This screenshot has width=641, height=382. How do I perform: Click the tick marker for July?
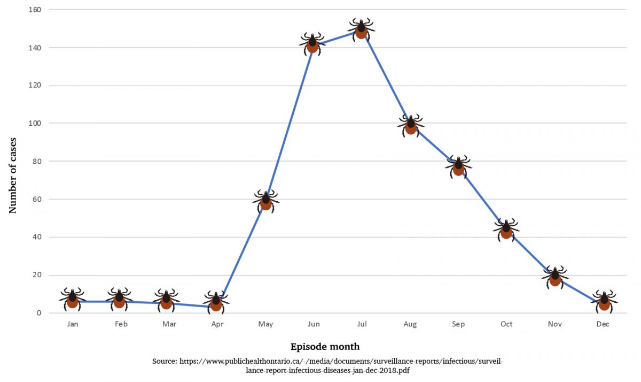(x=361, y=29)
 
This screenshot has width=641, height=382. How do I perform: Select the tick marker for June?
(x=312, y=44)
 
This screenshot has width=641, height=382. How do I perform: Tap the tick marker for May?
(x=265, y=201)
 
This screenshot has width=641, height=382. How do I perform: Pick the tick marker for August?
(x=410, y=126)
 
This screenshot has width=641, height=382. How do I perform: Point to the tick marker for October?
(x=506, y=230)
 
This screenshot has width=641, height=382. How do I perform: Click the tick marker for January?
(x=72, y=299)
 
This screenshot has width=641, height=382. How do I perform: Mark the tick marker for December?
(x=604, y=302)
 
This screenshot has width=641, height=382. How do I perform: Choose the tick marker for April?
(x=216, y=302)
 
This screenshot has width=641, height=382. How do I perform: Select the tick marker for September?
(x=458, y=167)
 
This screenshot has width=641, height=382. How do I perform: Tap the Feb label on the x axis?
(x=121, y=324)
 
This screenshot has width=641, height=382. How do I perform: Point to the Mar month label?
(x=169, y=324)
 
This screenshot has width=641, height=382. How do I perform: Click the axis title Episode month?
(x=325, y=347)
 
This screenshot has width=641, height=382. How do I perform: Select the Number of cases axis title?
(x=13, y=175)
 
